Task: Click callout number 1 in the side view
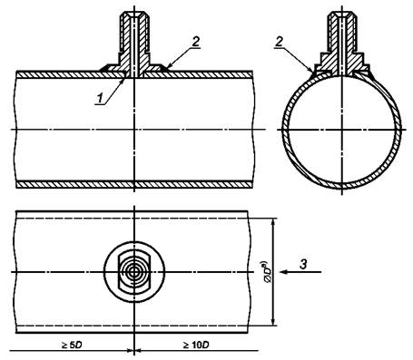(x=100, y=98)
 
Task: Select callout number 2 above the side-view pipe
(x=196, y=42)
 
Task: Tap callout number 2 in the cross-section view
(x=279, y=42)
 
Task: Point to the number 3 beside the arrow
(x=303, y=264)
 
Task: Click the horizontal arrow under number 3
(x=300, y=272)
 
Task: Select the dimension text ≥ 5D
(x=72, y=345)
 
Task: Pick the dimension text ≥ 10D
(x=196, y=345)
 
